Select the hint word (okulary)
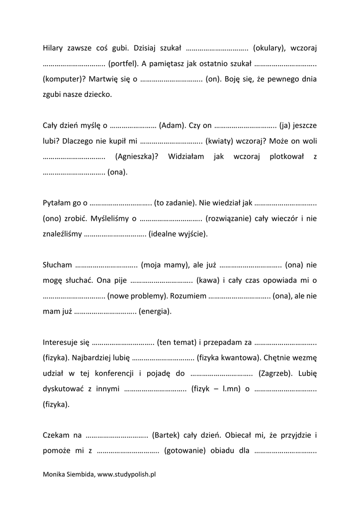[x=270, y=48]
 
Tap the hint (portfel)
[x=122, y=64]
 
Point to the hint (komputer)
[x=63, y=79]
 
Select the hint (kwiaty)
[x=219, y=141]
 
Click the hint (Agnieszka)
[x=136, y=156]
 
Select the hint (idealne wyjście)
[x=178, y=234]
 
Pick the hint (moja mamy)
[x=164, y=265]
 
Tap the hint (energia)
[x=155, y=311]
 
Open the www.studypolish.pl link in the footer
[x=127, y=475]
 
